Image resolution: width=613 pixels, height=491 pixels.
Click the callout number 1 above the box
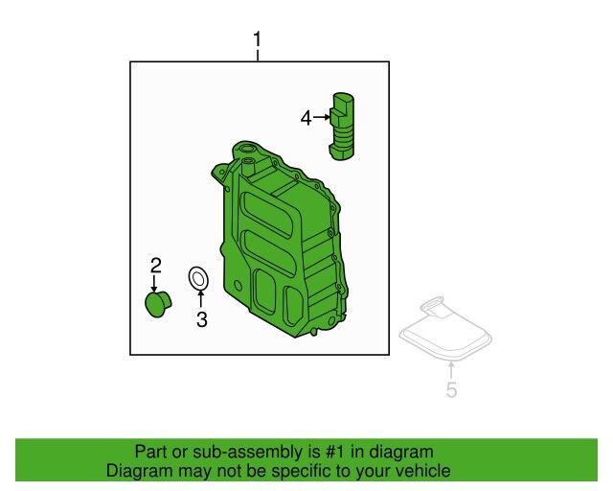257,40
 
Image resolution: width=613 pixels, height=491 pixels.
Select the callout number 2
156,266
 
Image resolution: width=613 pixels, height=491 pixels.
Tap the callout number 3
202,319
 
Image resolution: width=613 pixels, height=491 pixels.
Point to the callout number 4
306,117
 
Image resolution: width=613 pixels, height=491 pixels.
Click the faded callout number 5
451,390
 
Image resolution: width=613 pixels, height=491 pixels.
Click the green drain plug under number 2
158,304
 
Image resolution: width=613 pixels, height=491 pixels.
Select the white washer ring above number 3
198,280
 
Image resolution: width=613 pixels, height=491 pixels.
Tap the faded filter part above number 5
445,328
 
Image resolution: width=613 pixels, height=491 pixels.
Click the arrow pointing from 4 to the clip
322,117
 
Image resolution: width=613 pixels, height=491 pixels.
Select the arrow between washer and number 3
201,299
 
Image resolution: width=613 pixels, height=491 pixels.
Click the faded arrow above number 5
451,370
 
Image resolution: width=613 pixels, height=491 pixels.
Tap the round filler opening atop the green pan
246,150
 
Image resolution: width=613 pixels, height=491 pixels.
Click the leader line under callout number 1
258,56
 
